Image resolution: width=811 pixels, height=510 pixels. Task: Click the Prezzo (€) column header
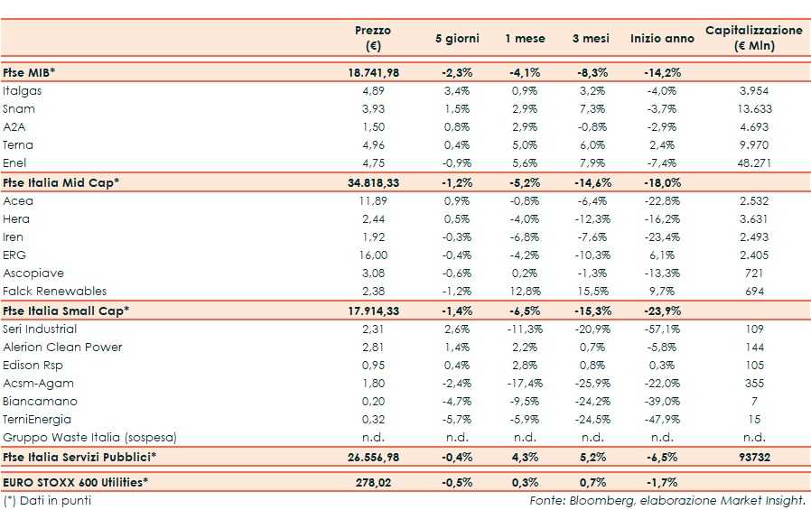click(372, 38)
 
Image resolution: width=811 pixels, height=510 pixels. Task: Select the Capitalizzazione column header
click(753, 38)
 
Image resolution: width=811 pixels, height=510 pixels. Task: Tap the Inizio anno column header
click(662, 39)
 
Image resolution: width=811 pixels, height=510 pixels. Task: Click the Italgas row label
click(23, 91)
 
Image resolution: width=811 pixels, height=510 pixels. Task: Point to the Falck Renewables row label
click(54, 292)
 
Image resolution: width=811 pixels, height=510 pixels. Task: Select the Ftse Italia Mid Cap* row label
click(61, 182)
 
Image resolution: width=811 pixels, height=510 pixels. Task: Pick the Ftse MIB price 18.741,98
click(373, 72)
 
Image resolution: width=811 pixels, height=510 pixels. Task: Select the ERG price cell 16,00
click(373, 255)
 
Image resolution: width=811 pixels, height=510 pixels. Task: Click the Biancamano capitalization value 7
click(753, 402)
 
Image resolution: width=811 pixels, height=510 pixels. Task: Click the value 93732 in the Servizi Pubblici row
click(753, 458)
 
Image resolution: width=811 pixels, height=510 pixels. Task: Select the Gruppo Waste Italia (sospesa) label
click(89, 438)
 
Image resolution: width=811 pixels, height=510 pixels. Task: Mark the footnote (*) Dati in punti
click(47, 500)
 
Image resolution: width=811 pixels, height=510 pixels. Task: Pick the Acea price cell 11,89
click(373, 200)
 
